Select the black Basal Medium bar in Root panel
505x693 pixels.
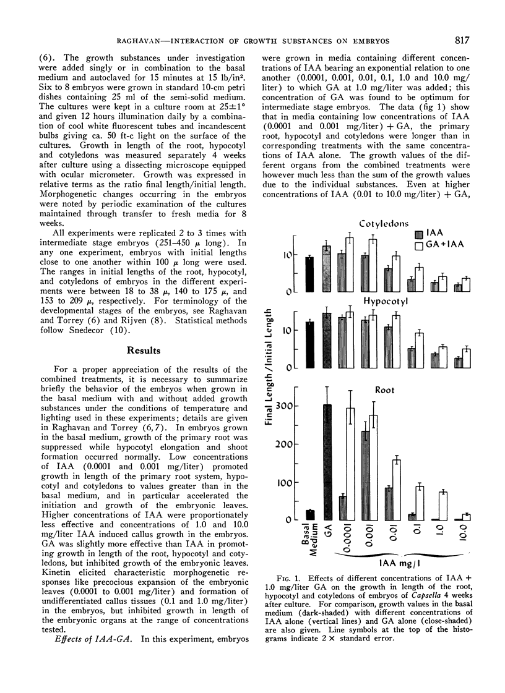310,514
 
